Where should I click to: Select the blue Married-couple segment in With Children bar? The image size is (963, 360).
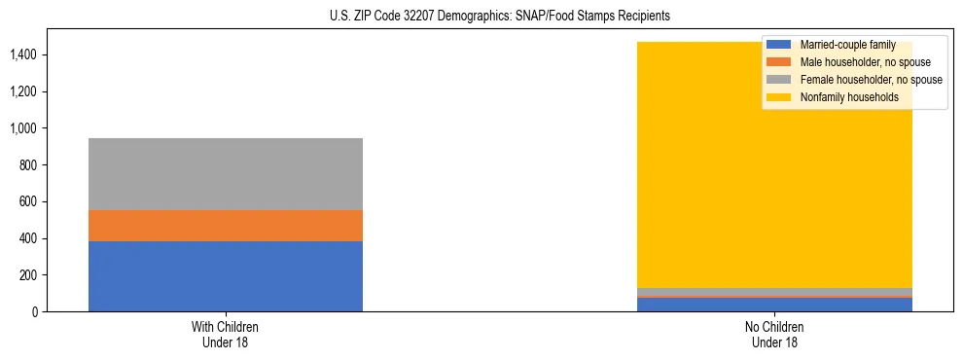226,276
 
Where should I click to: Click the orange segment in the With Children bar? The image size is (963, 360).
226,226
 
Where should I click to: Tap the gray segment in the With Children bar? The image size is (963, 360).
226,174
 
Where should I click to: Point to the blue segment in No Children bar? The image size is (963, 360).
775,305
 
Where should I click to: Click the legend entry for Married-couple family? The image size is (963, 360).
846,46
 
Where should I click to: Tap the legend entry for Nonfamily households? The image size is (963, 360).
848,97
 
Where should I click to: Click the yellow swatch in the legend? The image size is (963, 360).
779,97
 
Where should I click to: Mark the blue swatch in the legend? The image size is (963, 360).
779,46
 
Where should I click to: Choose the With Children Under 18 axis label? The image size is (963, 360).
226,335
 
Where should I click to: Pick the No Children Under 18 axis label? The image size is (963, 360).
775,335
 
